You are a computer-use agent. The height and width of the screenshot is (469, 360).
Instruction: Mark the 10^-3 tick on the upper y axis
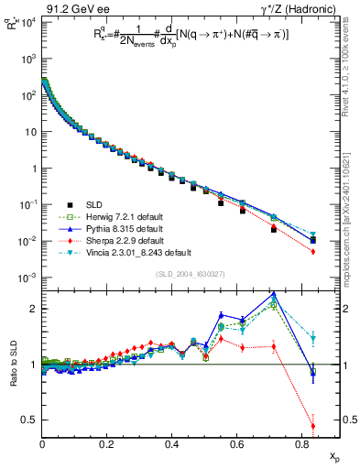coord(28,278)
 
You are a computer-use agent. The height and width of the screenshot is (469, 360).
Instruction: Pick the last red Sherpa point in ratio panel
coord(313,425)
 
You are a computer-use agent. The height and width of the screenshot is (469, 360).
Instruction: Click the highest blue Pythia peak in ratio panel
coord(274,295)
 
